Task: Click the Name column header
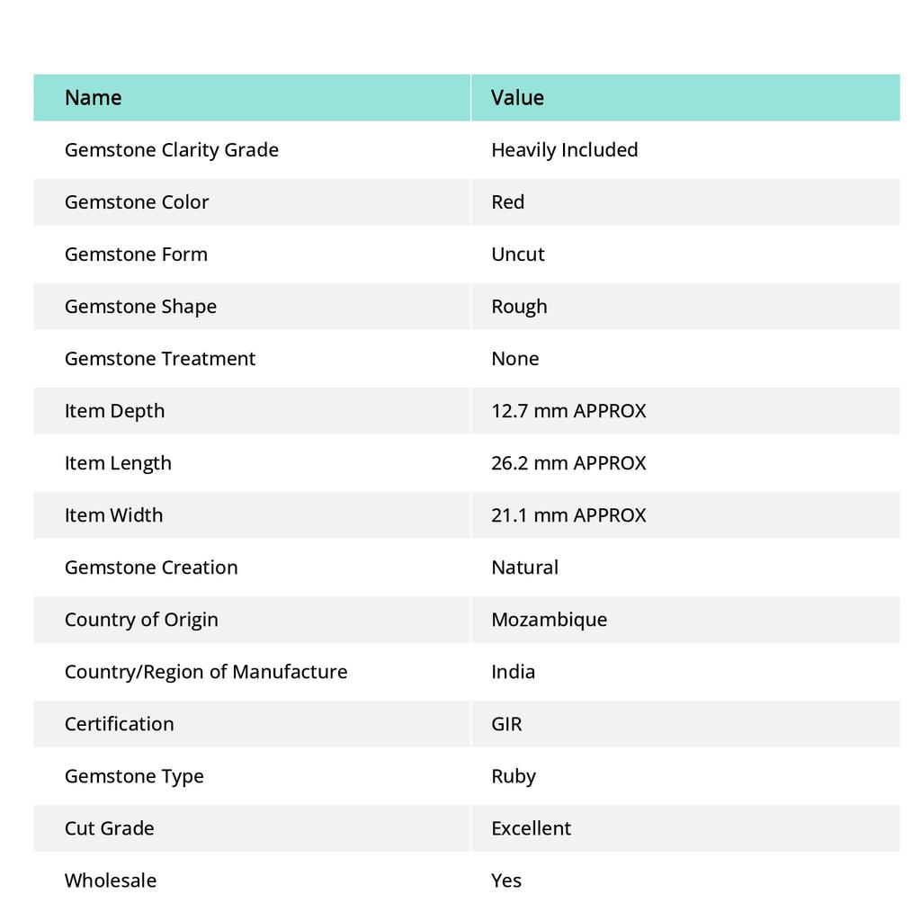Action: (x=93, y=97)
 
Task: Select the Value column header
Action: (x=517, y=97)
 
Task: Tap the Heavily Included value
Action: (x=564, y=149)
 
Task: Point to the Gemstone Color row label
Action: (x=137, y=201)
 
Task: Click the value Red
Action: (x=507, y=201)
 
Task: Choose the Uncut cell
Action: (x=517, y=254)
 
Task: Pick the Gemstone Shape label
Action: (x=140, y=306)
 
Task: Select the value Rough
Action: (x=519, y=306)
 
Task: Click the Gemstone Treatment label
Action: (x=160, y=358)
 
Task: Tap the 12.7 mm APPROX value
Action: (x=568, y=410)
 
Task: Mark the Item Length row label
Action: (x=118, y=462)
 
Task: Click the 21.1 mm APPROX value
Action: (x=568, y=514)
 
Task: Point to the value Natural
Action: (x=524, y=567)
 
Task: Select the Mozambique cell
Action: (x=549, y=619)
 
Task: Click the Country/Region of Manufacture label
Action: (x=206, y=671)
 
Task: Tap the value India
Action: (x=513, y=671)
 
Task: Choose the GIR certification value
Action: (x=506, y=723)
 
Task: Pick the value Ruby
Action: (x=514, y=775)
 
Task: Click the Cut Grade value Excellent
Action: (x=531, y=827)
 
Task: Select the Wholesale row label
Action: (x=111, y=880)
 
